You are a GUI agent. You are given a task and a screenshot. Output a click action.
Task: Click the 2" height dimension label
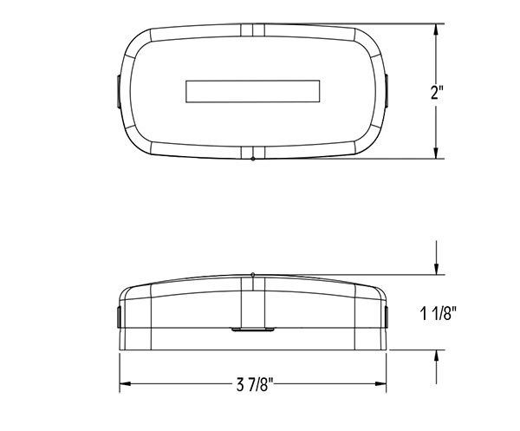437,92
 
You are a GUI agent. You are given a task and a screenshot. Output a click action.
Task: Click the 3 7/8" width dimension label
254,385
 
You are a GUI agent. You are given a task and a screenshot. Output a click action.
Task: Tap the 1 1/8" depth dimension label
438,313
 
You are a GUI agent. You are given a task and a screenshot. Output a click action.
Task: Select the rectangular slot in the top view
253,91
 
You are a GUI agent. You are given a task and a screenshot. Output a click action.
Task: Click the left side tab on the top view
119,91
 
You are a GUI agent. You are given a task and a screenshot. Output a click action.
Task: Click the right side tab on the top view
387,91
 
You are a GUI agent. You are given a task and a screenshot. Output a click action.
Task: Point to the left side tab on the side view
119,317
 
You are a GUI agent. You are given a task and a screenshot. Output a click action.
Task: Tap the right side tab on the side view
387,317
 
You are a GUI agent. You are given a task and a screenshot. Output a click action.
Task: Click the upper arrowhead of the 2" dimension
436,29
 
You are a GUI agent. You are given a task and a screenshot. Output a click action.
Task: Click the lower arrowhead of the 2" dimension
436,153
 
